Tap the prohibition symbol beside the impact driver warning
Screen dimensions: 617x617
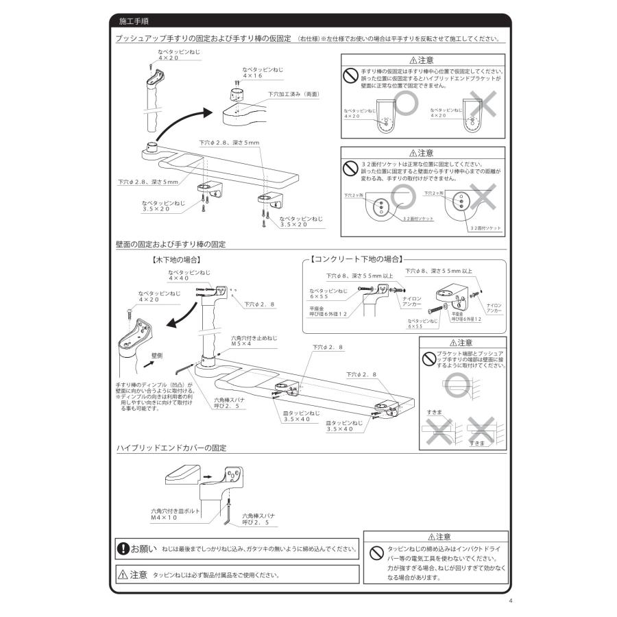tap(376, 552)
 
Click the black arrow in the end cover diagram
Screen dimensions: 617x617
tap(206, 474)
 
